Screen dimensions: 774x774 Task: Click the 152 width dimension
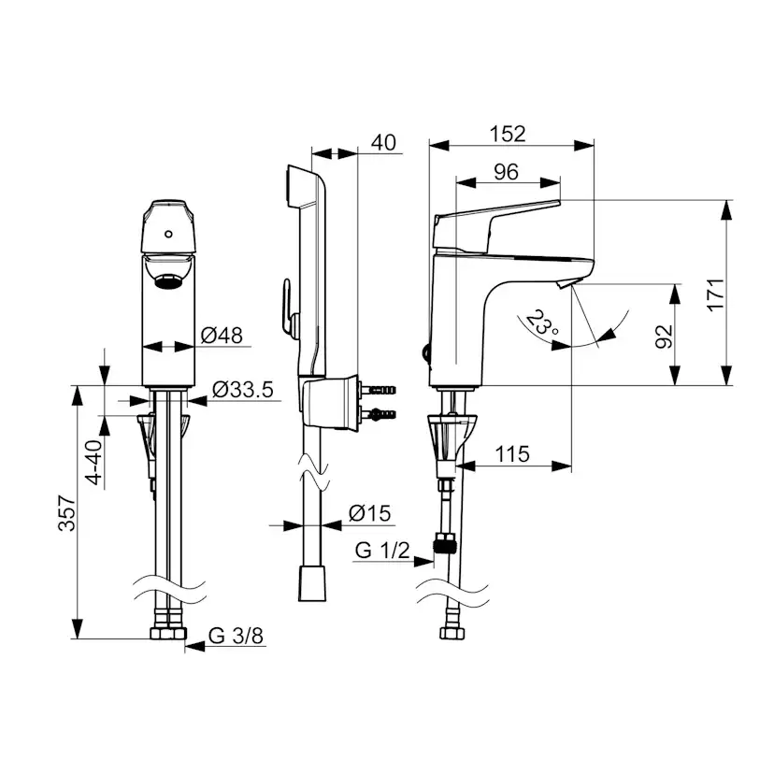coord(507,134)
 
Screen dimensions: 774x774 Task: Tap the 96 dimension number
coord(506,172)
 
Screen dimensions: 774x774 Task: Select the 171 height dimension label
coord(716,294)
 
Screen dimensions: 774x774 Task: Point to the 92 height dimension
coord(665,337)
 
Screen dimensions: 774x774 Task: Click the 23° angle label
coord(541,322)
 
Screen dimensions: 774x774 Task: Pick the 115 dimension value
coord(512,453)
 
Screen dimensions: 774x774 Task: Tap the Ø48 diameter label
coord(222,336)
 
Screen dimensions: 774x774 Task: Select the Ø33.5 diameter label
coord(242,390)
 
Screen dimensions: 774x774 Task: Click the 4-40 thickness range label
coord(93,462)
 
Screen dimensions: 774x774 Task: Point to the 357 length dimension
coord(67,513)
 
